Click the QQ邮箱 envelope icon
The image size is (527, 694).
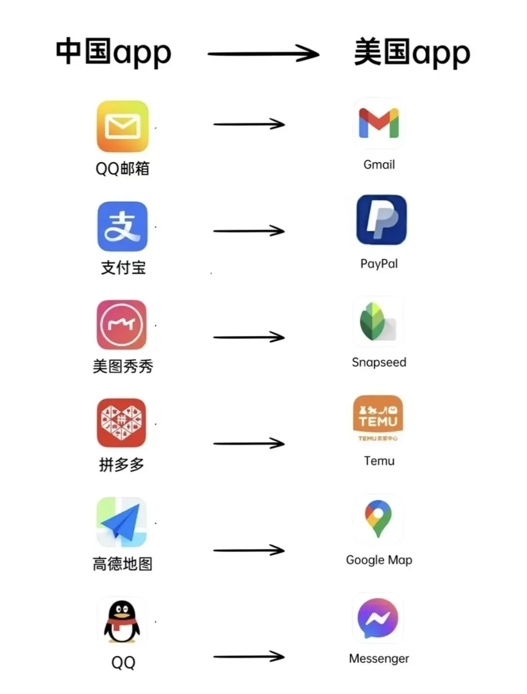pos(122,126)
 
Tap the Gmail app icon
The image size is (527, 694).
pos(379,123)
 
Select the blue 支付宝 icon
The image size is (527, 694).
pos(122,227)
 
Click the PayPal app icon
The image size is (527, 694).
pos(381,220)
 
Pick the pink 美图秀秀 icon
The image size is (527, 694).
pos(122,325)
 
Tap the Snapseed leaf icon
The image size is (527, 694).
pos(378,322)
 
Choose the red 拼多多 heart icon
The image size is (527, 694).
pos(122,423)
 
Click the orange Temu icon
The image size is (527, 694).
pos(378,419)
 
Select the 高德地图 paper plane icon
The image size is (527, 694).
pos(122,522)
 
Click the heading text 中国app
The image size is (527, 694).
pos(113,52)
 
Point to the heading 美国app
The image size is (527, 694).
pos(412,52)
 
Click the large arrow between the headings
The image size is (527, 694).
pos(263,53)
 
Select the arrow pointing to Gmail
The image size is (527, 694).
pos(249,124)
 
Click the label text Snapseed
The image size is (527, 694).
pos(379,362)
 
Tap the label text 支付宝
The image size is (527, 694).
pos(123,267)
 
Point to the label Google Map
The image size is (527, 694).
pos(379,560)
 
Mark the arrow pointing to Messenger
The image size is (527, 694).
pos(249,657)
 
